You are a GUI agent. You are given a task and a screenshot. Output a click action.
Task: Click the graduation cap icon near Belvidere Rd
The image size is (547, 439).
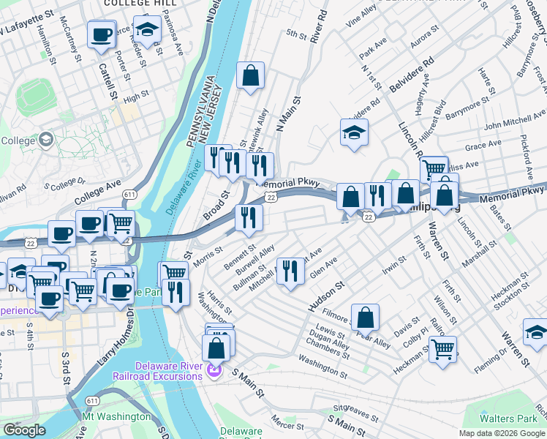pyautogui.click(x=354, y=132)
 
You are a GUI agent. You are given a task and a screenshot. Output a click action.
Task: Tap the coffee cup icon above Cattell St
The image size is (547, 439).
pyautogui.click(x=101, y=34)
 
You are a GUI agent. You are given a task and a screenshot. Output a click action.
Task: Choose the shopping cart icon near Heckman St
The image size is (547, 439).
pyautogui.click(x=442, y=348)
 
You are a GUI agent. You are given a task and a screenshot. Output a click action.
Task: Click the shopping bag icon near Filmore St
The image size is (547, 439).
pyautogui.click(x=366, y=317)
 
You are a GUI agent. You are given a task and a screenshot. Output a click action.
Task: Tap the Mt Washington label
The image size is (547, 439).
pyautogui.click(x=117, y=416)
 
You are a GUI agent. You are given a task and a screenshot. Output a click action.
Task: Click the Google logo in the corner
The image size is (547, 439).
pyautogui.click(x=24, y=430)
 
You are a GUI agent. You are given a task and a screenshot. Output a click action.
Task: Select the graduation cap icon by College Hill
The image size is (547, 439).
pyautogui.click(x=148, y=31)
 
